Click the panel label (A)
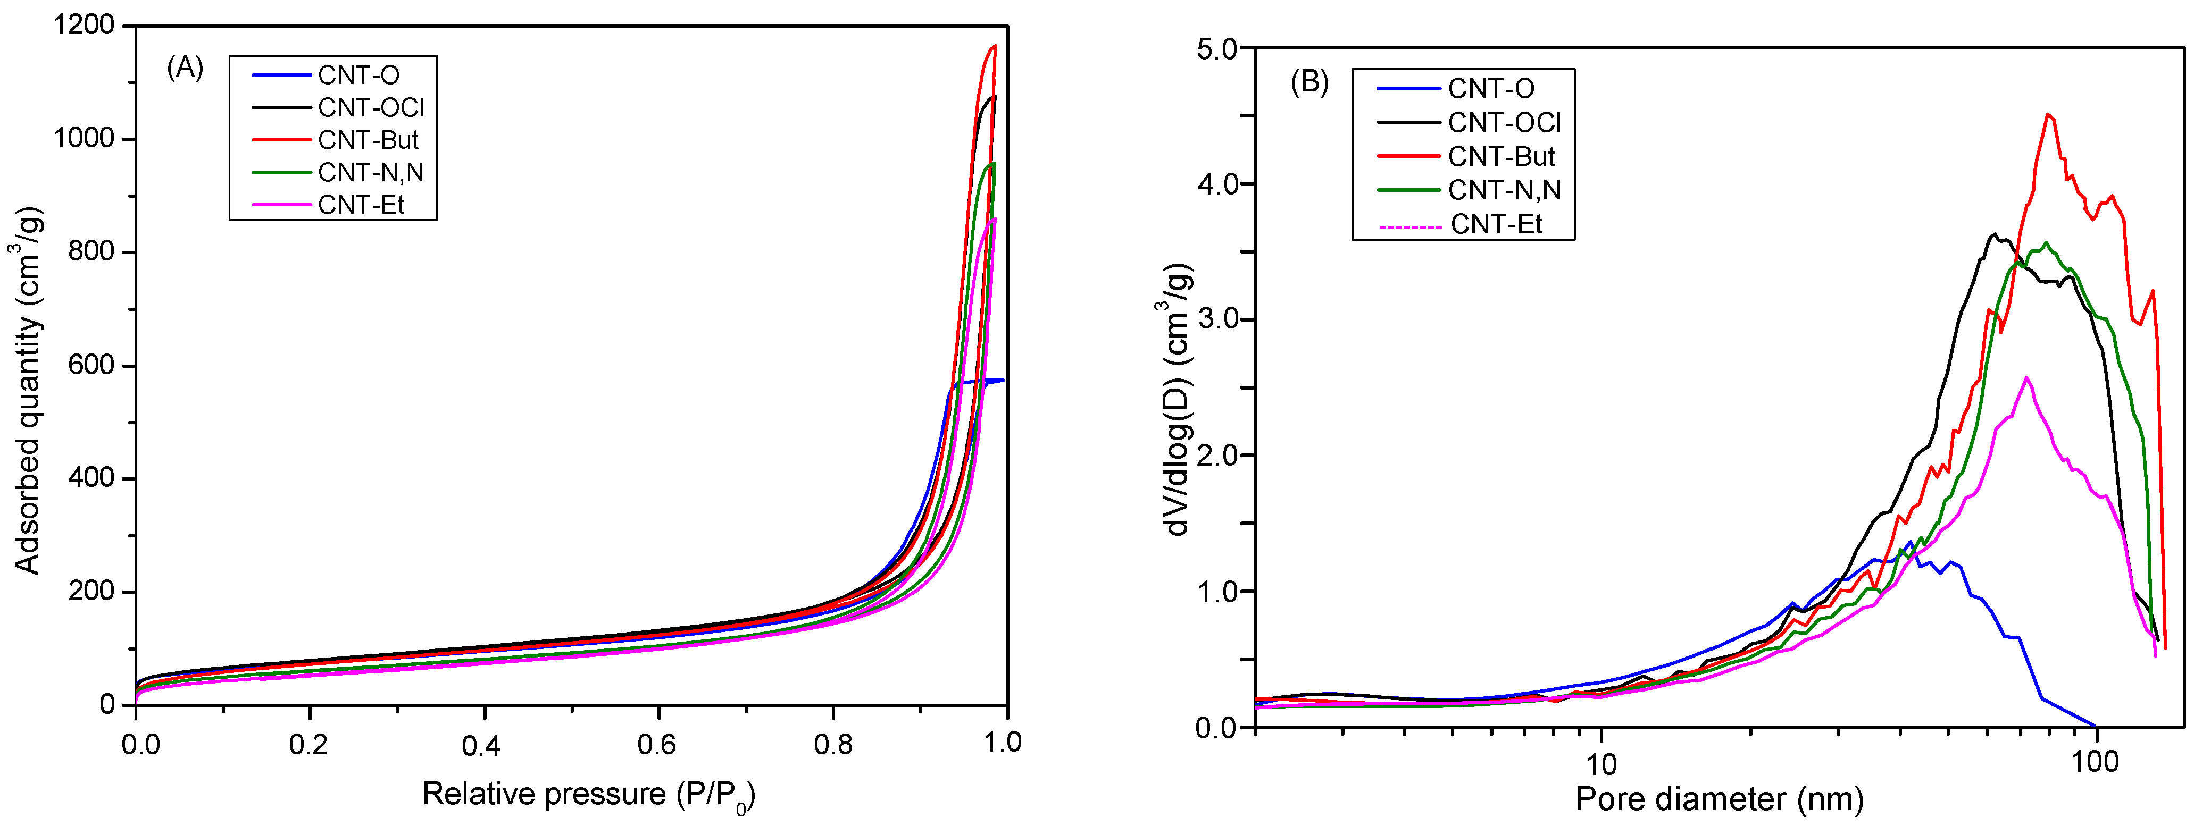pos(185,68)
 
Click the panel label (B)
pos(1309,82)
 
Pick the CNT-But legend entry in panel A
pos(368,140)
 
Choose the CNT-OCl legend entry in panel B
pos(1504,123)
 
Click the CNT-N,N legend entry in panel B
pos(1504,190)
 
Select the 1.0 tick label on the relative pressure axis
pos(1003,743)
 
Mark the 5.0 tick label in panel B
pos(1217,48)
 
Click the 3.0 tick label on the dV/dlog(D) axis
pos(1217,320)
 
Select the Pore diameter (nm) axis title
pos(1719,799)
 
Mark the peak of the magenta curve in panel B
pos(2026,377)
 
